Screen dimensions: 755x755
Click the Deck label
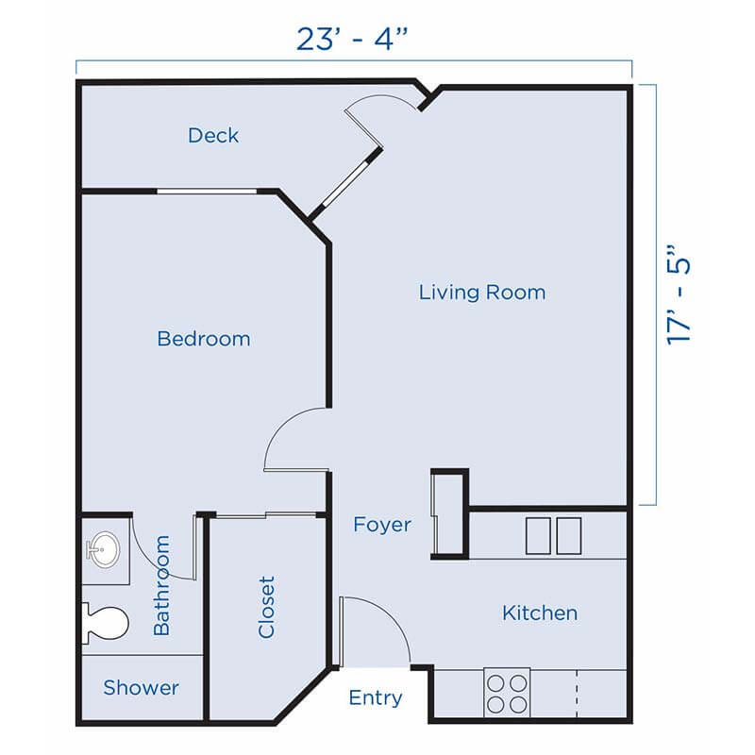click(x=213, y=136)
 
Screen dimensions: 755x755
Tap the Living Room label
click(x=482, y=293)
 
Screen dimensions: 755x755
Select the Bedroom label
click(x=204, y=338)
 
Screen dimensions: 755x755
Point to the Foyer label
click(x=382, y=524)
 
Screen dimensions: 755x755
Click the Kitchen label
click(x=539, y=613)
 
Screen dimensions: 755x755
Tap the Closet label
click(x=267, y=607)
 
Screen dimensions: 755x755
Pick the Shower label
click(x=141, y=687)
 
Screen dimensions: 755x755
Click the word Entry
click(x=376, y=698)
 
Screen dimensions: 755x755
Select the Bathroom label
click(x=161, y=585)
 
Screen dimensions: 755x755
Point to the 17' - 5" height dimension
click(x=679, y=295)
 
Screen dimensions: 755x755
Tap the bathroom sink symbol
click(x=101, y=547)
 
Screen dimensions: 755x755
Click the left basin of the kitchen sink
click(x=538, y=536)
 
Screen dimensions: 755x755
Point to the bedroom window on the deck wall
click(x=206, y=192)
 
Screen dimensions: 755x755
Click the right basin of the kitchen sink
click(x=568, y=536)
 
